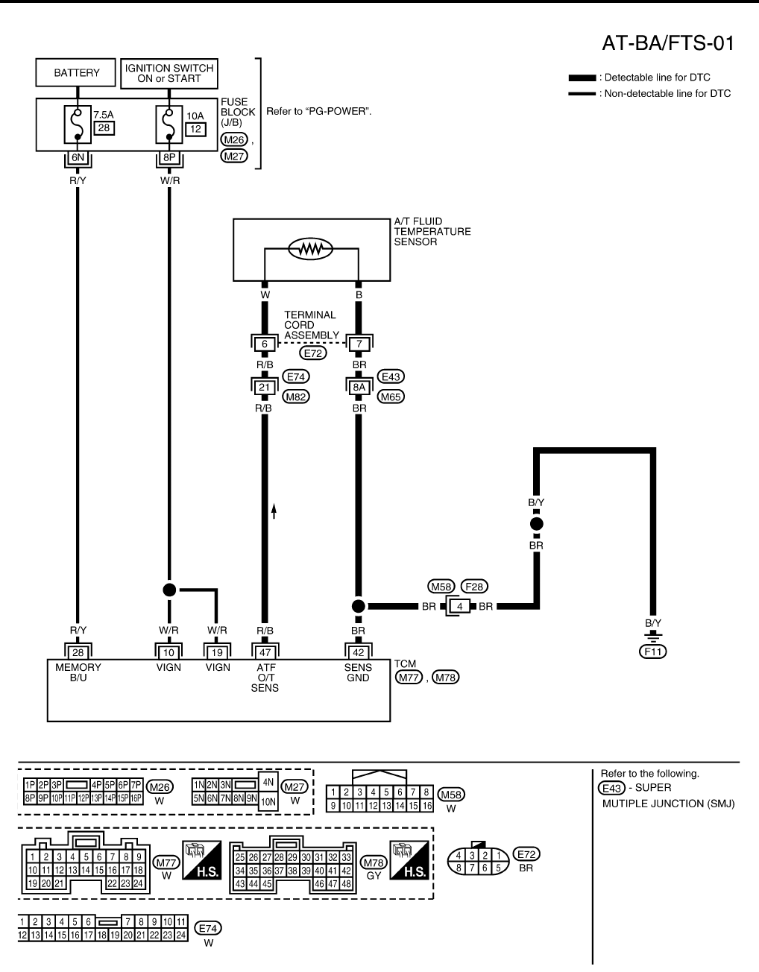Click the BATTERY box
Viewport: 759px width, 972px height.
tap(76, 73)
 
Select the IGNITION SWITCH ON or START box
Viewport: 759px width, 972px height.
tap(169, 73)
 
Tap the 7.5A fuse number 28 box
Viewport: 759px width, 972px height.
tap(104, 128)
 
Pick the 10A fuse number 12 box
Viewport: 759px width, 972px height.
tap(195, 129)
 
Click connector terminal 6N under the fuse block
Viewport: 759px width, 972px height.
tap(78, 158)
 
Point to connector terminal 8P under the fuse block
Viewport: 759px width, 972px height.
tap(170, 158)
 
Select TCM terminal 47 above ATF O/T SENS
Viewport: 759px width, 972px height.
tap(265, 652)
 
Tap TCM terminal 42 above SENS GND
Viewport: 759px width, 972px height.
tap(358, 652)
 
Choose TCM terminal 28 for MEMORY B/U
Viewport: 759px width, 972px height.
tap(78, 652)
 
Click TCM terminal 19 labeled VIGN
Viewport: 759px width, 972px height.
tap(217, 652)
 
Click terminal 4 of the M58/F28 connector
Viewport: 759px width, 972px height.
tap(460, 606)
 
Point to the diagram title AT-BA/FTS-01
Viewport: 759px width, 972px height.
tap(667, 44)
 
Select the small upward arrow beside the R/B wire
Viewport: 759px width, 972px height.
tap(274, 511)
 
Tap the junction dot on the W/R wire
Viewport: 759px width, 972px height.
tap(169, 590)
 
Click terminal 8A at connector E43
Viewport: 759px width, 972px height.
tap(359, 387)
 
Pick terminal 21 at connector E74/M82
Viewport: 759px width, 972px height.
tap(264, 387)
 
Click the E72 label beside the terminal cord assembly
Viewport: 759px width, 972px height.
tap(313, 353)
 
